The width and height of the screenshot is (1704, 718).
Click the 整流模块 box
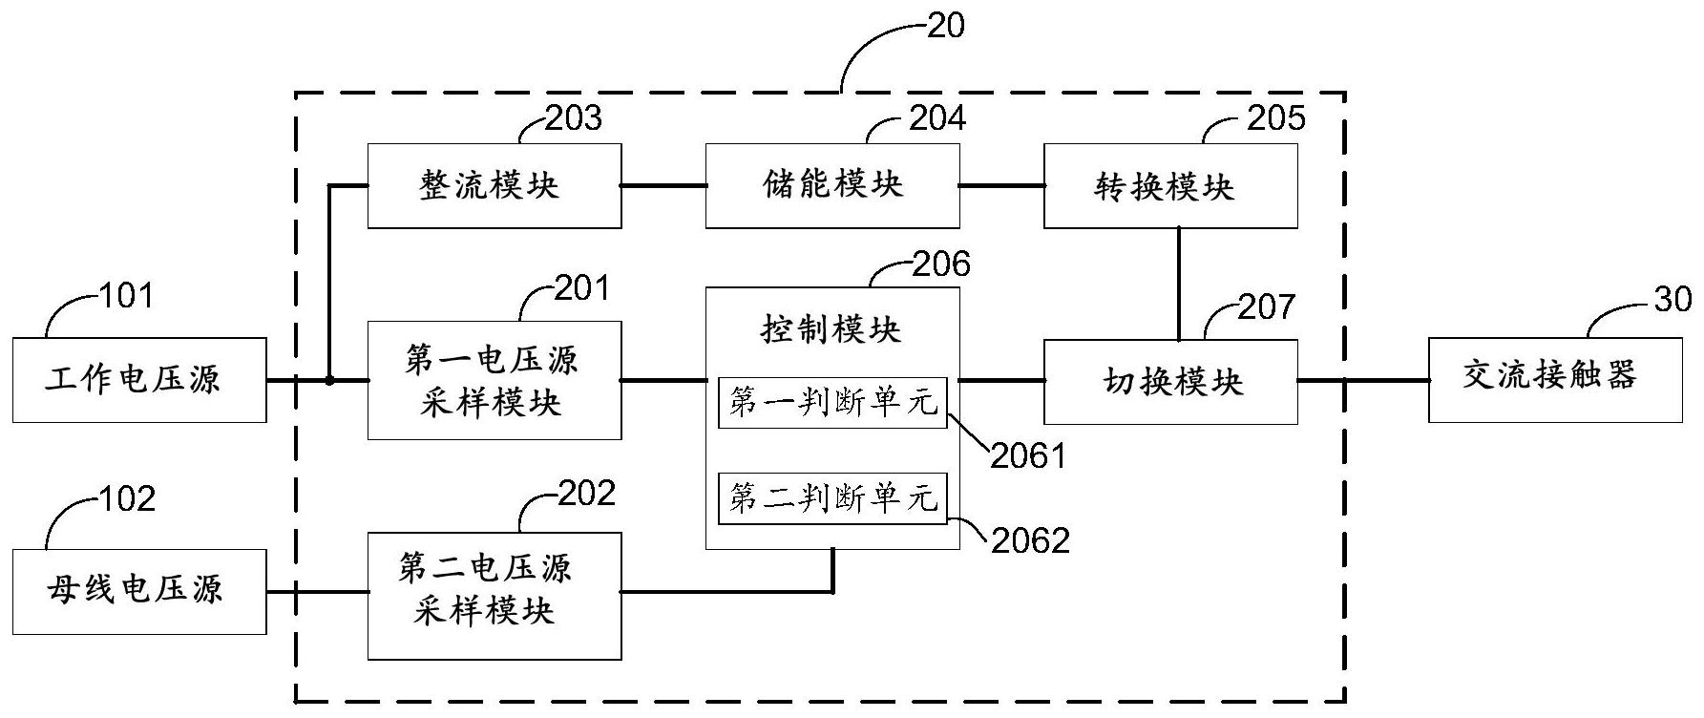pyautogui.click(x=494, y=186)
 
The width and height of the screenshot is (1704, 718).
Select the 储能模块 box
pyautogui.click(x=832, y=186)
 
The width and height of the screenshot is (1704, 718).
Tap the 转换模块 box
pyautogui.click(x=1170, y=186)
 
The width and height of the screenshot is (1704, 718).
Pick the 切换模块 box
pyautogui.click(x=1170, y=382)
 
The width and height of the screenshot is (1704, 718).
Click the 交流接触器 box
pyautogui.click(x=1555, y=380)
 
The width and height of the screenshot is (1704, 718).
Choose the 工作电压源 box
pyautogui.click(x=139, y=380)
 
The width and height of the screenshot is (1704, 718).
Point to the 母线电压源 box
pyautogui.click(x=139, y=592)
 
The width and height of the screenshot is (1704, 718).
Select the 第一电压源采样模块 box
pyautogui.click(x=494, y=380)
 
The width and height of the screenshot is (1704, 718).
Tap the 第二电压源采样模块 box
pyautogui.click(x=494, y=596)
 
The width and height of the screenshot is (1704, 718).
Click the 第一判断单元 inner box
pyautogui.click(x=832, y=403)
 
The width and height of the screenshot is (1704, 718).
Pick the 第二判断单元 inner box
pyautogui.click(x=832, y=497)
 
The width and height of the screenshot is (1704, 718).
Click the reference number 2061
pyautogui.click(x=1027, y=457)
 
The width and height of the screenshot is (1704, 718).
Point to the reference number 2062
pyautogui.click(x=1030, y=541)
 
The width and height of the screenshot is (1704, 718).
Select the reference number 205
pyautogui.click(x=1275, y=118)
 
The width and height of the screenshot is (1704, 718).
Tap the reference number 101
pyautogui.click(x=127, y=296)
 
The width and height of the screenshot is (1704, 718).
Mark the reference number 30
pyautogui.click(x=1672, y=300)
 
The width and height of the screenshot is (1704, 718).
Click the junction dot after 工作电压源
pyautogui.click(x=329, y=380)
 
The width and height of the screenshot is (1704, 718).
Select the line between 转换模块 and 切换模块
pyautogui.click(x=1179, y=284)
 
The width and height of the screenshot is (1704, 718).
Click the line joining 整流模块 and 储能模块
pyautogui.click(x=663, y=186)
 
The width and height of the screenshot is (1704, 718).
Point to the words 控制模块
pyautogui.click(x=831, y=330)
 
